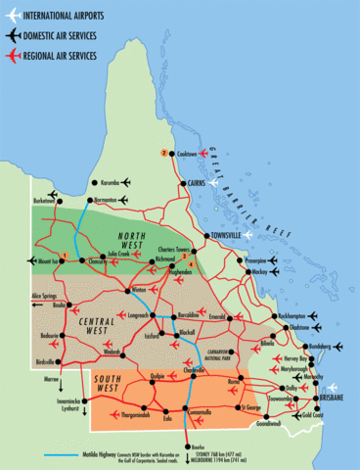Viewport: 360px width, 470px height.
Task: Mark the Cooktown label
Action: (189, 154)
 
